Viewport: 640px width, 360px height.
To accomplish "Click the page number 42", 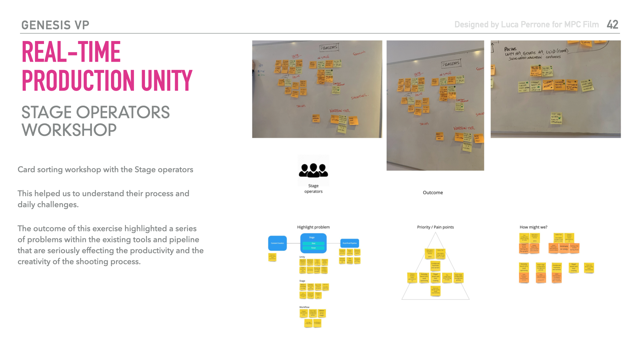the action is pos(612,25).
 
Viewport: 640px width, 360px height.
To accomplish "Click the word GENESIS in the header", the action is pos(46,25).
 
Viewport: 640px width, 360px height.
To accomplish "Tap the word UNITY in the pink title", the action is pos(166,80).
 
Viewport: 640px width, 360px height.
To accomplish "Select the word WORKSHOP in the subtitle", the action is pos(69,130).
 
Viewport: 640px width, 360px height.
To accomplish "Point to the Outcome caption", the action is pos(433,193).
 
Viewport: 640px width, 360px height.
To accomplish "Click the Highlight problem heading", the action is pos(313,227).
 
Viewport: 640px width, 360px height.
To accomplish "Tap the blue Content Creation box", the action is pos(277,243).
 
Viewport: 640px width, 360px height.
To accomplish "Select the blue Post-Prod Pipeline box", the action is pos(349,243).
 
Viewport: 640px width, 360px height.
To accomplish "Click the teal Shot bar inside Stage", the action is pos(313,243).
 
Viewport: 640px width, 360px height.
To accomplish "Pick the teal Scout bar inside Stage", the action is pos(313,248).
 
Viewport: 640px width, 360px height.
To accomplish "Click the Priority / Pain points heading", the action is pos(435,227).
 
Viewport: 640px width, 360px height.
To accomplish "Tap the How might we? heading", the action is pos(533,227).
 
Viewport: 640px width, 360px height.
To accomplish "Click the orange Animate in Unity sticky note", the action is pos(564,248).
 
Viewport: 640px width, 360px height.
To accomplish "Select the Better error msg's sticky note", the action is pos(322,313).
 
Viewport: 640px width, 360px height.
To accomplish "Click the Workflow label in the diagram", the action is pos(304,307).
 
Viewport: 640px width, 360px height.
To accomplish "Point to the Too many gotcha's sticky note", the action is pos(350,260).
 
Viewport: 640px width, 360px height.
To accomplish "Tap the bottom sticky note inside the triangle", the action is pos(435,291).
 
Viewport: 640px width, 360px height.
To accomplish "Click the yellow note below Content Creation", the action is pos(272,257).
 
